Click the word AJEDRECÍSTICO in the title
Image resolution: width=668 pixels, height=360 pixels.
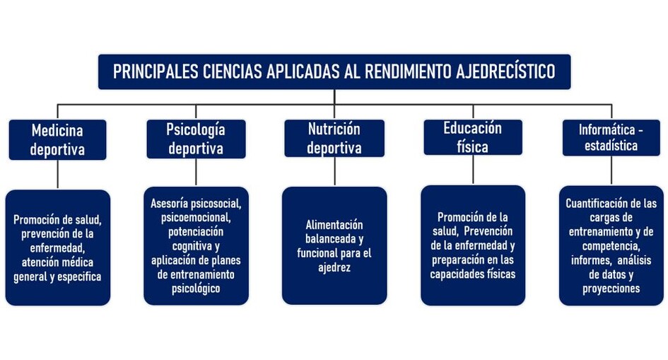(505, 71)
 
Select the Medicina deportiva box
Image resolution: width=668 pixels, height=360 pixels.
(57, 140)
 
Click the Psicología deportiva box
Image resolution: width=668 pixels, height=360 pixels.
(196, 139)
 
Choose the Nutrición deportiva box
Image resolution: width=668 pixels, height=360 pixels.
(334, 139)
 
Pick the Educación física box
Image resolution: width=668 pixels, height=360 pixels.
(473, 137)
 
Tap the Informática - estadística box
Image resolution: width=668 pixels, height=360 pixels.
(611, 138)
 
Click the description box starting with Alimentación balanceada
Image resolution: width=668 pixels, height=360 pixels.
(334, 246)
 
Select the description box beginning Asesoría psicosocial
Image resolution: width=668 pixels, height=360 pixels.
(196, 246)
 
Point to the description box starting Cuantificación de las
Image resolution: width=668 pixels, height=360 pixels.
(611, 246)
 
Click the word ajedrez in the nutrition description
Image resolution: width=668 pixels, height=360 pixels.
(334, 267)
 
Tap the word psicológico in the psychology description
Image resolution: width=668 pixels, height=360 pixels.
(196, 289)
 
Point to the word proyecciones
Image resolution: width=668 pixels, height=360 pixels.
(611, 289)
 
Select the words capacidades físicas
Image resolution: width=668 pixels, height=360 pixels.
(473, 274)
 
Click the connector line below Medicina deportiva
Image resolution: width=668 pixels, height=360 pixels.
(57, 174)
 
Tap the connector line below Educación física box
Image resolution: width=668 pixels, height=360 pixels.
(473, 170)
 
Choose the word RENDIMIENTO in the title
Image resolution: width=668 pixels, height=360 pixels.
(409, 71)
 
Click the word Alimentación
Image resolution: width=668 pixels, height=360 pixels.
(334, 224)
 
